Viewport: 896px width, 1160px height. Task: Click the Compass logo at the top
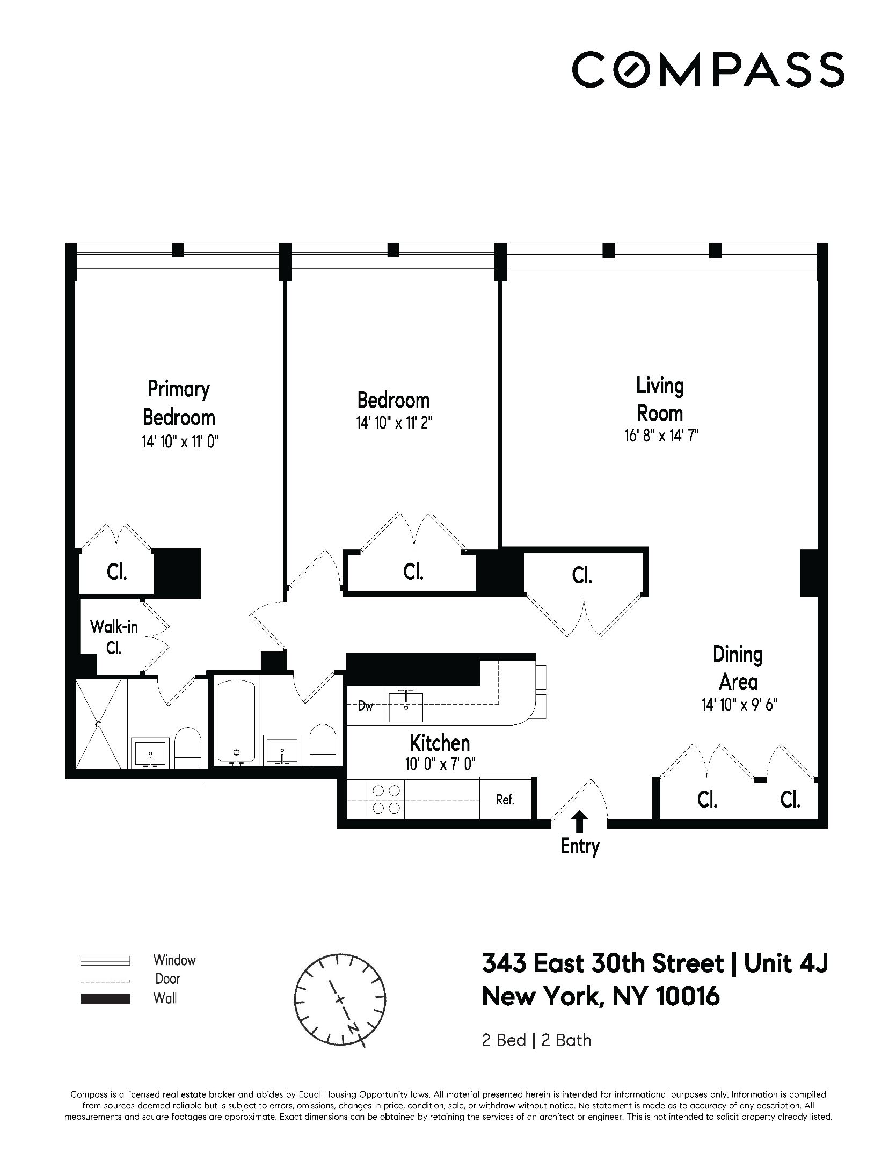click(708, 69)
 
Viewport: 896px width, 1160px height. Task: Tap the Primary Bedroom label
click(179, 403)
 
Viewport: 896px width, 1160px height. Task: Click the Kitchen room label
click(440, 743)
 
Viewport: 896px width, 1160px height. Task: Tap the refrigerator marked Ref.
click(505, 800)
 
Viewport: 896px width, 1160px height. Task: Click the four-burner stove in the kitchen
click(386, 799)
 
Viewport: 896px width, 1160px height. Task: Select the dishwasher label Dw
click(366, 706)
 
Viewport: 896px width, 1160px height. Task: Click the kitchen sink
click(406, 706)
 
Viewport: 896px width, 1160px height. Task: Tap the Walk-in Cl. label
click(114, 637)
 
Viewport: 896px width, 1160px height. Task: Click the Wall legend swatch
click(105, 999)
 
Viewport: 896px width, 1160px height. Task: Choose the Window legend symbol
click(105, 960)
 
